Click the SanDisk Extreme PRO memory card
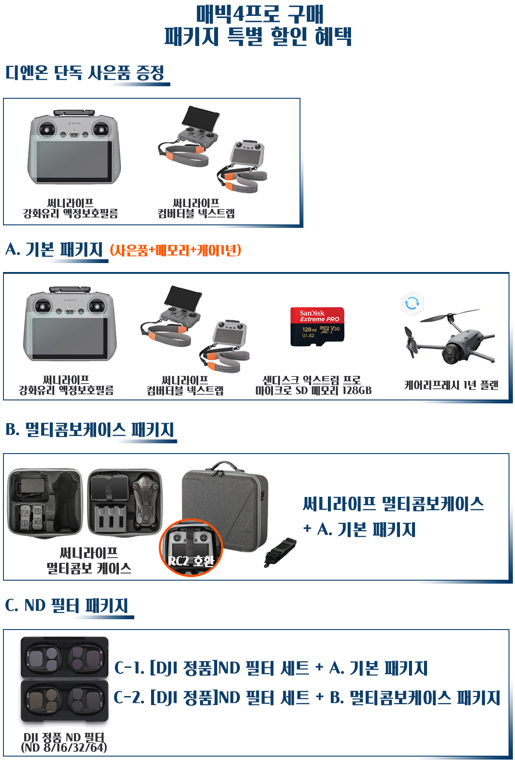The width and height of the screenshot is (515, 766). click(x=317, y=327)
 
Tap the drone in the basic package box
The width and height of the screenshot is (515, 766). click(x=451, y=339)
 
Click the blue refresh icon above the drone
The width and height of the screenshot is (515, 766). click(x=412, y=303)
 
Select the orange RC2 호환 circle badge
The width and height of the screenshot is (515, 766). click(x=191, y=548)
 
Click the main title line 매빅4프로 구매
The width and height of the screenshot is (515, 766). click(x=260, y=15)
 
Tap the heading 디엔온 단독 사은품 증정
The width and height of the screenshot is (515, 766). click(x=85, y=73)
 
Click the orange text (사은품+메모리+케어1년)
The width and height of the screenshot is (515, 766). click(x=176, y=250)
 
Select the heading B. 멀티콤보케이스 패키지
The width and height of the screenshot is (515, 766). click(x=90, y=430)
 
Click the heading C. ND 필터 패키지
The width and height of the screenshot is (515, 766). click(x=67, y=606)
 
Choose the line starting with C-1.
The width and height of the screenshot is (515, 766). click(x=271, y=668)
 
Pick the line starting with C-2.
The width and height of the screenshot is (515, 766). click(x=307, y=698)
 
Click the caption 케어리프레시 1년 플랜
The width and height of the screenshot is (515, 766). click(x=451, y=385)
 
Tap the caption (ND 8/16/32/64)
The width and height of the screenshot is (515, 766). click(x=64, y=748)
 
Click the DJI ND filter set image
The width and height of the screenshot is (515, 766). click(x=64, y=680)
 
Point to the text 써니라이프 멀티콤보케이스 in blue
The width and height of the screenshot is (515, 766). click(x=393, y=504)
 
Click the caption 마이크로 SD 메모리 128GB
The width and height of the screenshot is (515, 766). click(x=313, y=391)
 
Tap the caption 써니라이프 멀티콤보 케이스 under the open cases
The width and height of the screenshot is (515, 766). click(x=89, y=561)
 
